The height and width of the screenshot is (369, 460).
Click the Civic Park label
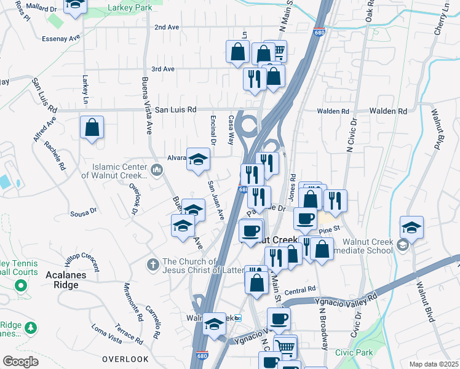coord(354,353)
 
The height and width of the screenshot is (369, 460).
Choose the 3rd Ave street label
coord(163,69)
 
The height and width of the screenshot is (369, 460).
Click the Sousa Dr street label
coord(84,212)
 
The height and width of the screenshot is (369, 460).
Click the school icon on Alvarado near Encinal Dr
coord(198,160)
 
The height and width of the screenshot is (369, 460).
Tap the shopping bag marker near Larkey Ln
coord(92,128)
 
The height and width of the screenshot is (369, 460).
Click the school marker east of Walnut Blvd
coord(411,228)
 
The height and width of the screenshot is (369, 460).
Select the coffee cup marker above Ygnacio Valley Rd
coord(279,319)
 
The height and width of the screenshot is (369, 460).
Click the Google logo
coord(21,361)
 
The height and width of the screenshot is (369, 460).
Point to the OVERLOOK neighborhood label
coord(125,359)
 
